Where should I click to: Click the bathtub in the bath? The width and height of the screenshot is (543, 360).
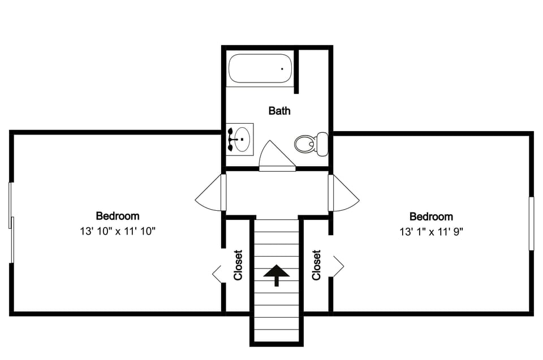point(260,68)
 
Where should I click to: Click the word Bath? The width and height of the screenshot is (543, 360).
point(279,111)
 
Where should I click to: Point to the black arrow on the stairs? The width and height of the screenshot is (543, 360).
point(276,275)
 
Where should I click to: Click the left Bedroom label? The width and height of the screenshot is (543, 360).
point(118,216)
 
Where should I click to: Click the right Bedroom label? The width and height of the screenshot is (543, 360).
point(431,216)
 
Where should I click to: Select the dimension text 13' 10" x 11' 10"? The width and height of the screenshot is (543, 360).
point(118,231)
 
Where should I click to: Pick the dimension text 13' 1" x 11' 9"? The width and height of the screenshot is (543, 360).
point(431,231)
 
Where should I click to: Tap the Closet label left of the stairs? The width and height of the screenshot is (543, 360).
point(238,265)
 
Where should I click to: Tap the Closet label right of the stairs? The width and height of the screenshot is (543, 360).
point(316,265)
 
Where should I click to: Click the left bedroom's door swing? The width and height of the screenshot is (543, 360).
point(210,195)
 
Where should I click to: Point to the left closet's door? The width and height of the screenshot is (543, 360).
point(217,274)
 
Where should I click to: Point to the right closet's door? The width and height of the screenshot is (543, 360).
point(338,266)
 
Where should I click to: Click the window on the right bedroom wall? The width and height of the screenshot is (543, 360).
point(531,223)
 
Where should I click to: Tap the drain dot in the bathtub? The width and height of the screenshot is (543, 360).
point(282,68)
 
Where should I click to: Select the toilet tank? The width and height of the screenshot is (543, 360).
point(322,144)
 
